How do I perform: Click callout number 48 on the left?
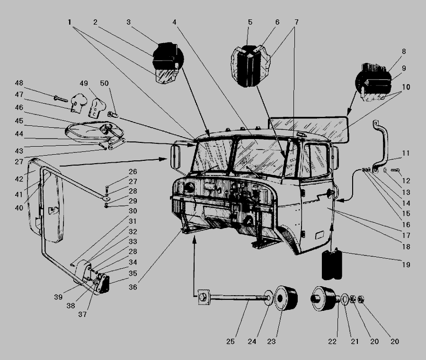(32, 83)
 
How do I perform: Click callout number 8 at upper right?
(403, 51)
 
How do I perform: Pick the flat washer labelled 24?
(268, 299)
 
